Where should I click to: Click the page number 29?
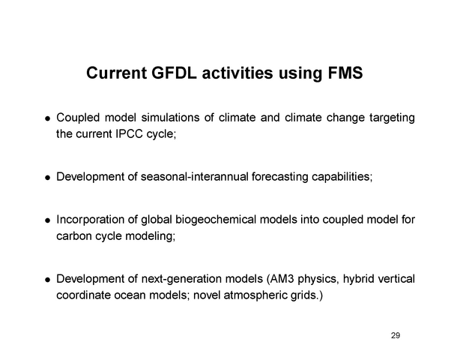pyautogui.click(x=396, y=335)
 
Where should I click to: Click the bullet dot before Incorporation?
pyautogui.click(x=46, y=222)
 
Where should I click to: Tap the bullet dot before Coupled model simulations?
pyautogui.click(x=46, y=120)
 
